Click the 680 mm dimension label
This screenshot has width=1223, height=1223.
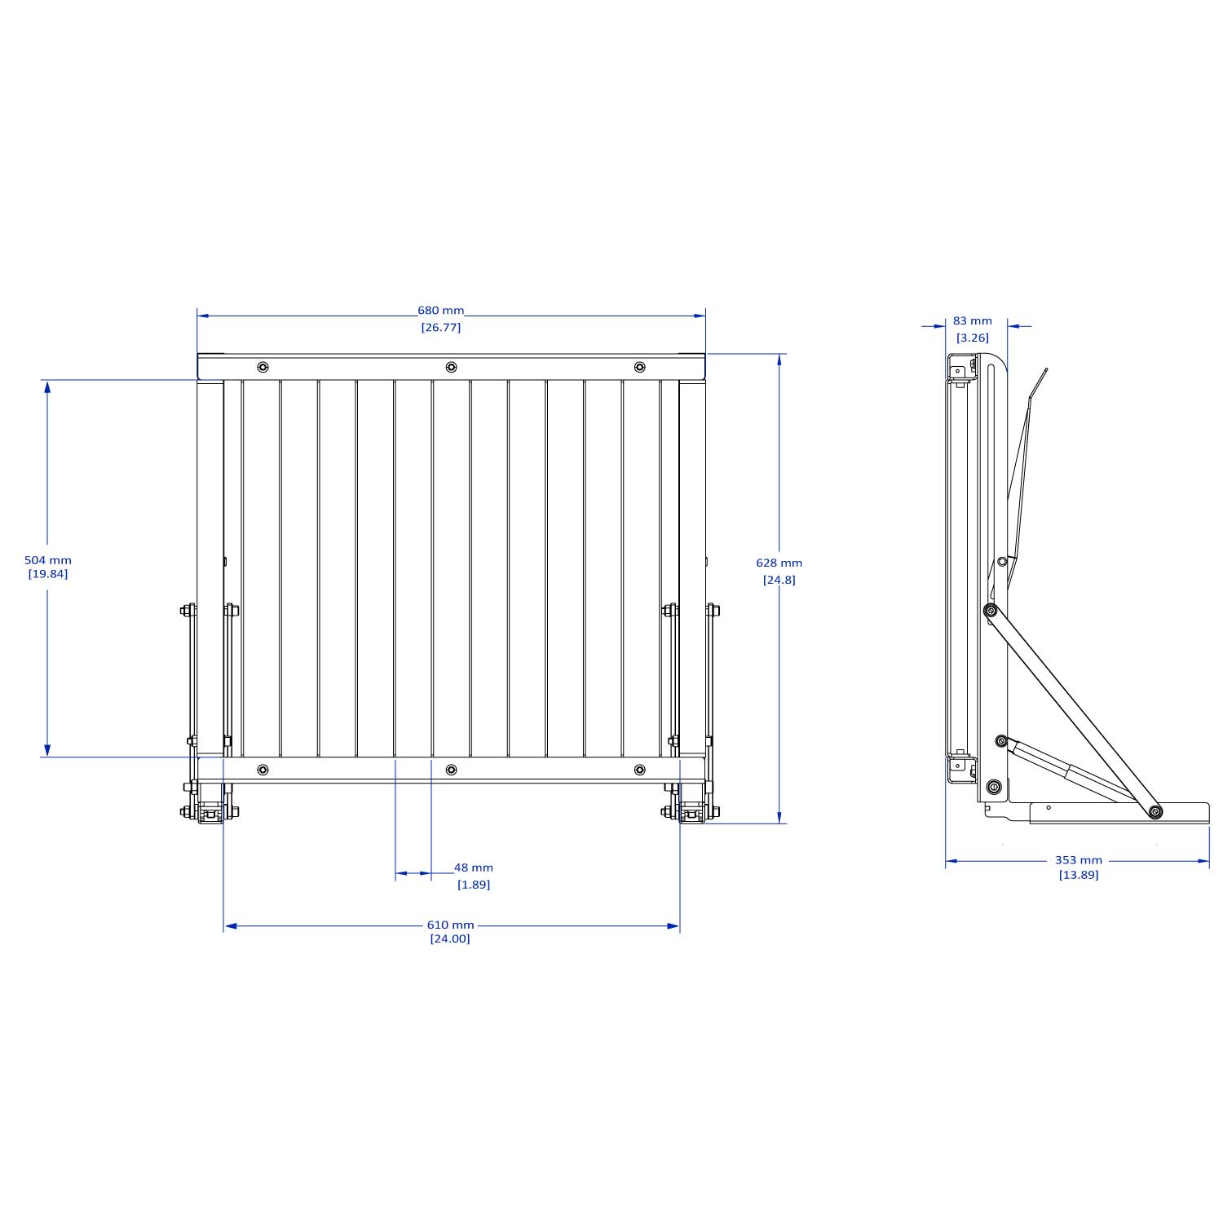pyautogui.click(x=440, y=311)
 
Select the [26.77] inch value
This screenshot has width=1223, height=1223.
pyautogui.click(x=441, y=328)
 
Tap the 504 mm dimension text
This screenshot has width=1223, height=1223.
pyautogui.click(x=48, y=560)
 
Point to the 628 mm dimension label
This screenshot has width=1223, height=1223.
pyautogui.click(x=779, y=563)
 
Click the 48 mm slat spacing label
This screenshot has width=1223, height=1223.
pyautogui.click(x=474, y=868)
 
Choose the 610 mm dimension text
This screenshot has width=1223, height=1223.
pyautogui.click(x=450, y=925)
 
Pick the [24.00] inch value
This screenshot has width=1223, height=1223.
pyautogui.click(x=450, y=938)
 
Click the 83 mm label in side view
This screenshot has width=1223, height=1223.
pyautogui.click(x=973, y=321)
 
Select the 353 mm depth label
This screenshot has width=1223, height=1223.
pyautogui.click(x=1078, y=859)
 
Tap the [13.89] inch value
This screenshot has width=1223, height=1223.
pyautogui.click(x=1078, y=875)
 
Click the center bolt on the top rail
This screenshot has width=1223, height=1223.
pyautogui.click(x=451, y=367)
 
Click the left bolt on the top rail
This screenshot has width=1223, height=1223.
pyautogui.click(x=263, y=367)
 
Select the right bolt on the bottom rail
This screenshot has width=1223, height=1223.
pyautogui.click(x=640, y=770)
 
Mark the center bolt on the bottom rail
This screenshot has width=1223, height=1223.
pyautogui.click(x=451, y=770)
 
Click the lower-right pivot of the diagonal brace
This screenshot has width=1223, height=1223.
pyautogui.click(x=1155, y=811)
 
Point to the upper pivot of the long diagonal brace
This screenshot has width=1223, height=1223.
pyautogui.click(x=991, y=611)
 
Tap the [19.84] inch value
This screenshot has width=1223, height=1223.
pyautogui.click(x=48, y=574)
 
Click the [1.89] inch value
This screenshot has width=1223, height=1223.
pyautogui.click(x=474, y=885)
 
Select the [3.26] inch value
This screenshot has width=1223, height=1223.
pyautogui.click(x=973, y=338)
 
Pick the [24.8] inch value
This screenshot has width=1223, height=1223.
pyautogui.click(x=779, y=580)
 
